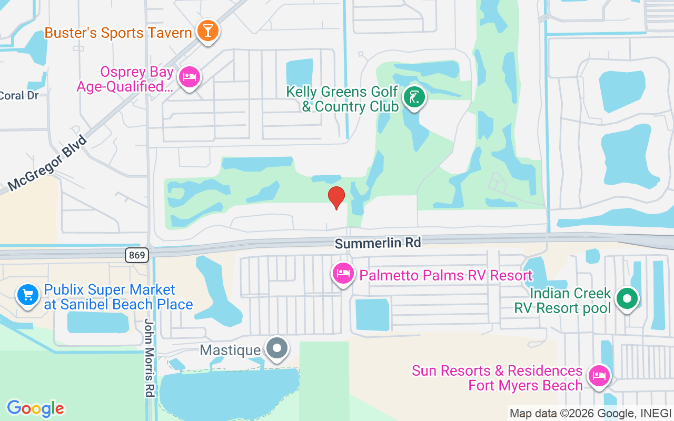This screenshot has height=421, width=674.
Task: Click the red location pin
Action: (336, 197)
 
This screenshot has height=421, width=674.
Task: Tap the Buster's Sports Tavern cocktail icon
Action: (207, 31)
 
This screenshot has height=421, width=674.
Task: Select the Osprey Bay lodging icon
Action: (189, 78)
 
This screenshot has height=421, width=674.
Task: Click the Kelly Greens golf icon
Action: (414, 97)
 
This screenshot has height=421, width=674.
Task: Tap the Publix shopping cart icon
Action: (28, 295)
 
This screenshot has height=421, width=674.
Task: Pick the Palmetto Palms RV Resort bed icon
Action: (343, 273)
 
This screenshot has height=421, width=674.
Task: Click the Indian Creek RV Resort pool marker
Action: (627, 299)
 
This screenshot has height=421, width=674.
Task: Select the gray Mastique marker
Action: (276, 348)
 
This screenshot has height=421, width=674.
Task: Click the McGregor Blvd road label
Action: (47, 163)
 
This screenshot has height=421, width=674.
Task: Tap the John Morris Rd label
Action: (149, 358)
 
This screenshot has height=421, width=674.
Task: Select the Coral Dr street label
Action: (19, 96)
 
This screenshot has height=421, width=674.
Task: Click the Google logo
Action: (35, 408)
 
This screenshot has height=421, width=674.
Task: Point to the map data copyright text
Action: (590, 413)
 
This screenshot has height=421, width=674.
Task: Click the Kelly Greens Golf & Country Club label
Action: (342, 99)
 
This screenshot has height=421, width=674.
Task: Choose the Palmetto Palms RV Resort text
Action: (445, 275)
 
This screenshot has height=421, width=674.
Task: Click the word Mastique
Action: (230, 350)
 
